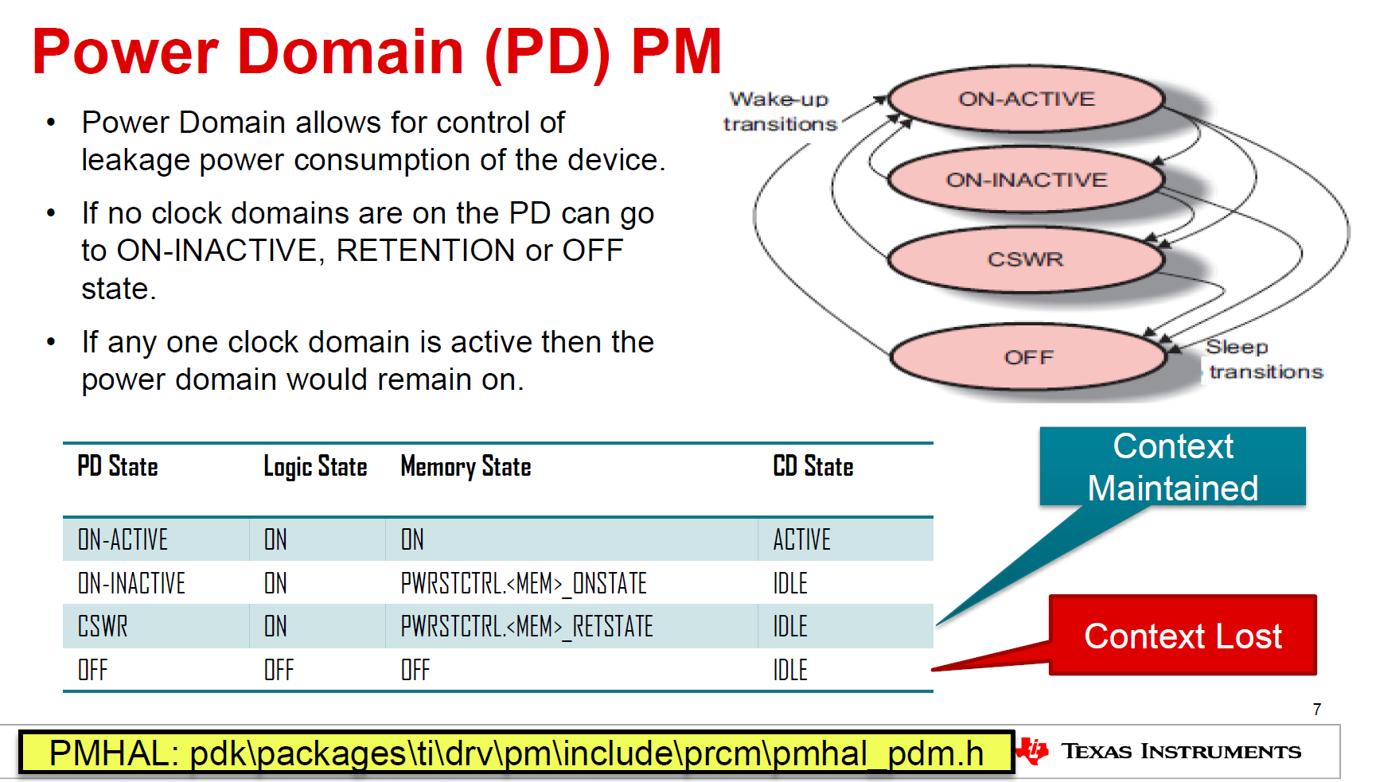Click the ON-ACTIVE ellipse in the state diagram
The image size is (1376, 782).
click(x=1026, y=99)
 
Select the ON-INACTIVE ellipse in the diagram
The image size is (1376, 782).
click(x=1026, y=180)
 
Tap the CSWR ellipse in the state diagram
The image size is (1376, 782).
click(x=1025, y=259)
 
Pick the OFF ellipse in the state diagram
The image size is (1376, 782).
click(x=1028, y=357)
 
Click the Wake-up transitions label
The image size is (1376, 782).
click(x=779, y=111)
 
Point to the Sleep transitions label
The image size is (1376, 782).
click(x=1264, y=359)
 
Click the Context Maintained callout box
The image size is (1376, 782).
click(x=1172, y=467)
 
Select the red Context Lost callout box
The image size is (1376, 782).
click(x=1183, y=636)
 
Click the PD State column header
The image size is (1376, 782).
click(x=118, y=466)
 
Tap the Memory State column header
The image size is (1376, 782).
click(x=466, y=466)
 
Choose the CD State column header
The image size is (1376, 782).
click(x=813, y=466)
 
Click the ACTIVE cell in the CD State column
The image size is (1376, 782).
click(x=801, y=539)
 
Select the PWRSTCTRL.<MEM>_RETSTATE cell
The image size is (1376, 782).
click(x=526, y=626)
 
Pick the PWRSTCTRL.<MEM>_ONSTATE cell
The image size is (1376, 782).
click(x=523, y=583)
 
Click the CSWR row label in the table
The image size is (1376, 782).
click(x=103, y=626)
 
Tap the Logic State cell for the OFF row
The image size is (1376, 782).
click(x=279, y=670)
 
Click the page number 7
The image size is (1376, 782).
click(x=1317, y=709)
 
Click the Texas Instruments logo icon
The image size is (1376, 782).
click(x=1033, y=750)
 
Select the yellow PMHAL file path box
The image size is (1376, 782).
click(x=516, y=753)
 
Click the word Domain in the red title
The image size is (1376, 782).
click(x=351, y=52)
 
